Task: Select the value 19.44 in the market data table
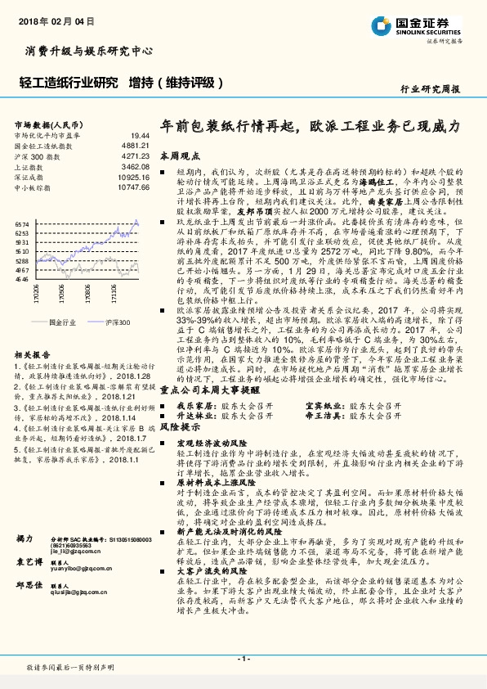(x=140, y=136)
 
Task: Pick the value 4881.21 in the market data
(x=136, y=145)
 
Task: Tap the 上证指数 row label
(x=31, y=165)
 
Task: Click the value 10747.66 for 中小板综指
(x=133, y=187)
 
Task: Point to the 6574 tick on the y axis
(x=22, y=223)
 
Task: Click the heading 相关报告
(x=31, y=354)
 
